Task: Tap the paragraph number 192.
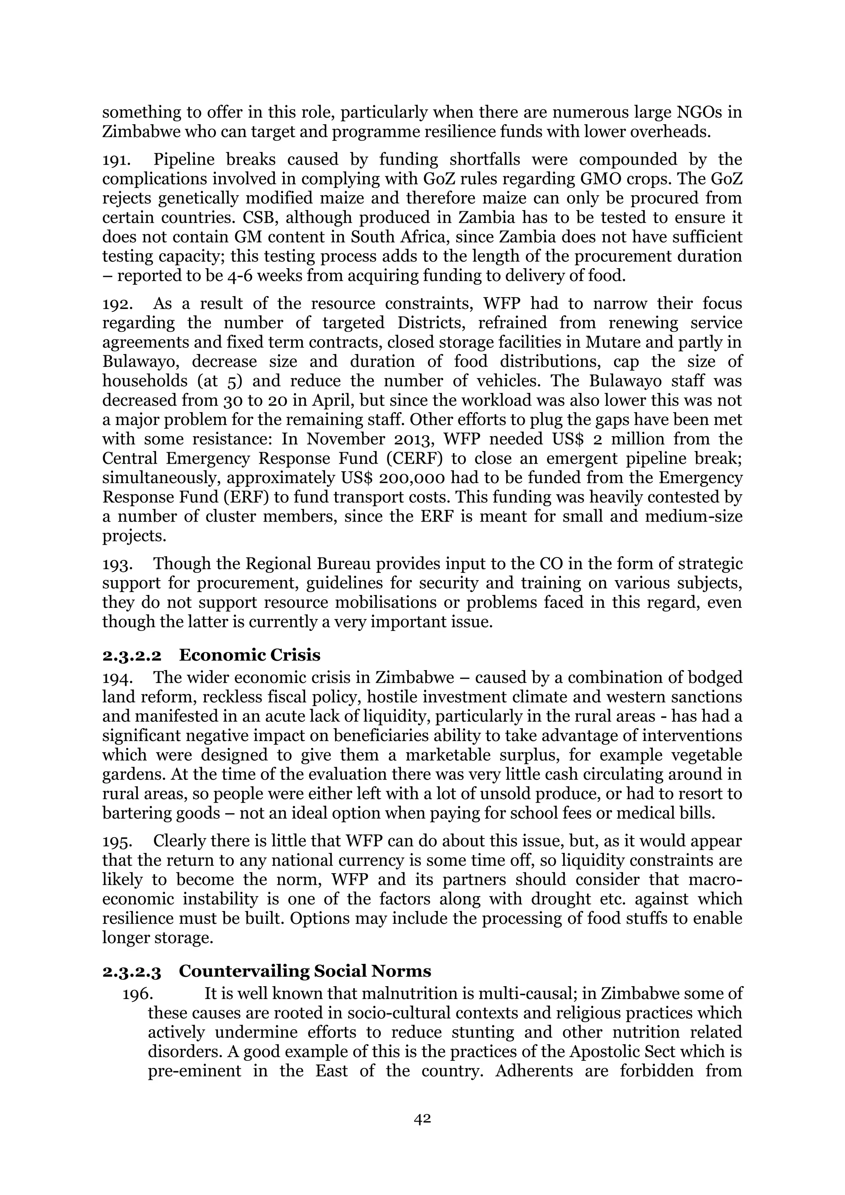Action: [x=117, y=304]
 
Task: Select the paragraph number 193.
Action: [x=117, y=564]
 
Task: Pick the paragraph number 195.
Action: [x=117, y=842]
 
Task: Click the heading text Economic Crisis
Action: [x=250, y=655]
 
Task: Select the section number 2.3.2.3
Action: [x=132, y=971]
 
